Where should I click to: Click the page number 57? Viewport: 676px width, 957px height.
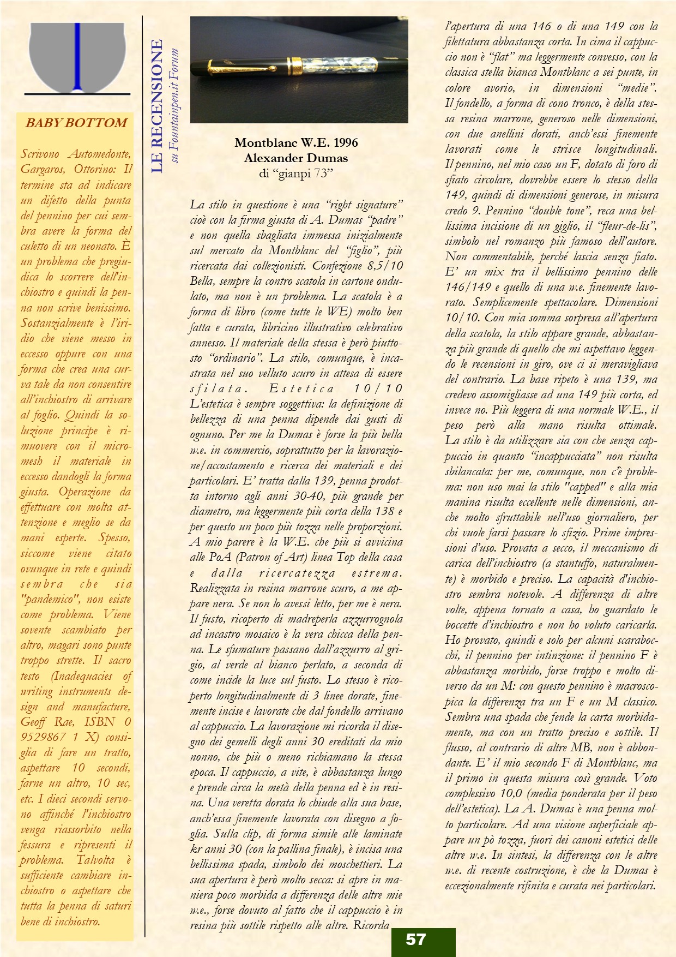[x=415, y=939]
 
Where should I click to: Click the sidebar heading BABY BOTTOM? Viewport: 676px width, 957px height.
[x=76, y=123]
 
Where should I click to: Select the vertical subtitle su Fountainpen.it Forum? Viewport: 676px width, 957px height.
[x=174, y=105]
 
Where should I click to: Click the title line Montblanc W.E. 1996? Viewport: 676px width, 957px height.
[x=296, y=143]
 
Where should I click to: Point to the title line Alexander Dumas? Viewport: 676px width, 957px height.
[x=296, y=158]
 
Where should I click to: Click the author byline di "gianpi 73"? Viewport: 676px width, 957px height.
[x=296, y=174]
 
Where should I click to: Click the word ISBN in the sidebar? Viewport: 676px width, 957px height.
[x=100, y=721]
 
